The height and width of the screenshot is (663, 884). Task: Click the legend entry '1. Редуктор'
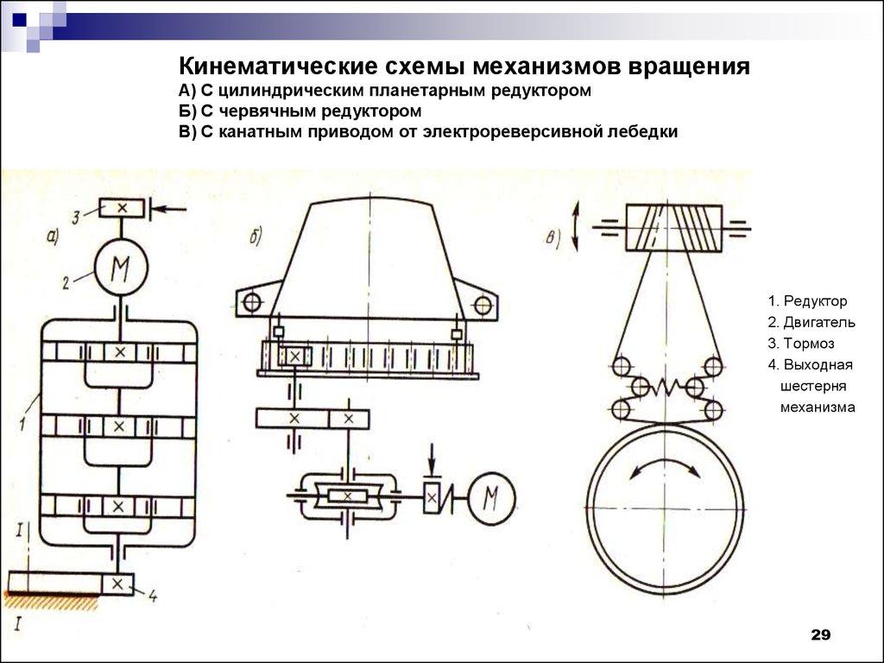807,301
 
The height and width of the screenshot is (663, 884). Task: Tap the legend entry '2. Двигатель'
811,322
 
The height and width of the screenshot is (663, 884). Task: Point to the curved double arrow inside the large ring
664,467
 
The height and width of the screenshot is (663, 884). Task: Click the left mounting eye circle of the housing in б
252,303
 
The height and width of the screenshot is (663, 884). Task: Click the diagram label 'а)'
52,239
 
